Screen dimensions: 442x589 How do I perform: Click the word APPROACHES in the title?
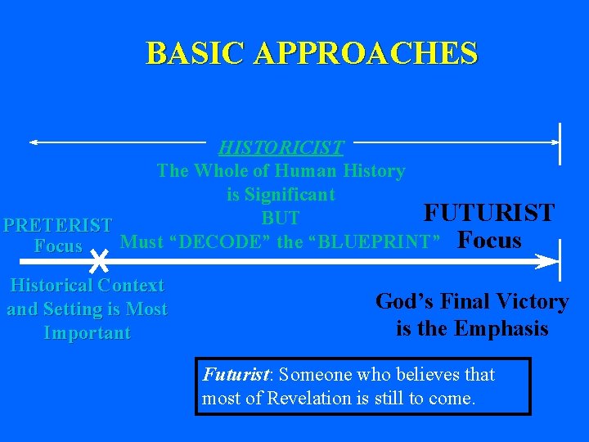tap(366, 53)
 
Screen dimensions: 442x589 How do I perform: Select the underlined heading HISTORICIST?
tap(281, 148)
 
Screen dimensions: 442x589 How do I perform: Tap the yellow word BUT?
tap(281, 219)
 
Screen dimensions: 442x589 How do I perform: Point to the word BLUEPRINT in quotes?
tap(374, 242)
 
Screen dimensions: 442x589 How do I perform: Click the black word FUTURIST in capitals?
tap(488, 213)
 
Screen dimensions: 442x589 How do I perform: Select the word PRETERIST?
tap(57, 225)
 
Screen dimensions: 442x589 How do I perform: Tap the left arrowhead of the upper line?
tap(34, 142)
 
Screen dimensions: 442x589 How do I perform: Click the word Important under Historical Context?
tap(87, 333)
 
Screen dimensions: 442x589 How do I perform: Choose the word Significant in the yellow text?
tap(290, 195)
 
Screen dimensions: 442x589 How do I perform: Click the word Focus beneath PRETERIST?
tap(58, 246)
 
